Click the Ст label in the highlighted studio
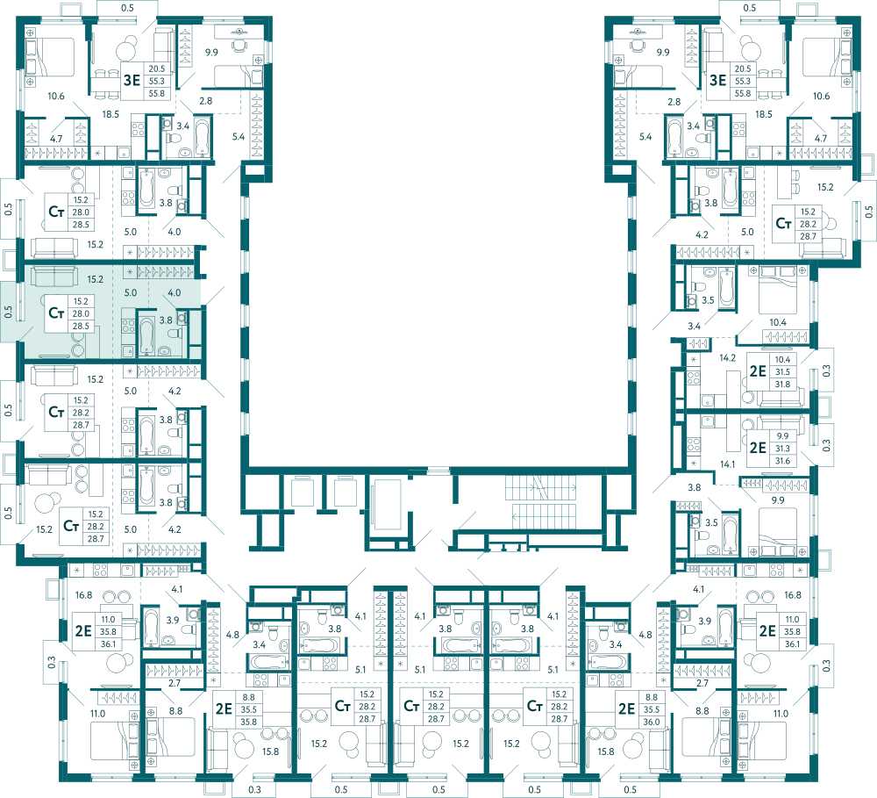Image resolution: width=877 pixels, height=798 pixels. click(x=56, y=313)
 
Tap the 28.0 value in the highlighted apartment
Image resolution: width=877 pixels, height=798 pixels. click(x=81, y=313)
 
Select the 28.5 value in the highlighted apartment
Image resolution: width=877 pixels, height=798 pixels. click(x=81, y=326)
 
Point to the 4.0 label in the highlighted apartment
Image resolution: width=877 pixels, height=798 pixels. click(x=175, y=292)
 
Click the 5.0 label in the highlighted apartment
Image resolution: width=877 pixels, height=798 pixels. click(x=131, y=292)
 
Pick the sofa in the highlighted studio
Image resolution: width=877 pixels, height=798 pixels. click(x=54, y=277)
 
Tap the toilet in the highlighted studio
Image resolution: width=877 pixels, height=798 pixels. click(x=175, y=334)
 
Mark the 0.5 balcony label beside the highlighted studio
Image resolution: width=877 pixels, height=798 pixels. click(x=8, y=312)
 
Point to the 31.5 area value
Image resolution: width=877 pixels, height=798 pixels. click(x=782, y=372)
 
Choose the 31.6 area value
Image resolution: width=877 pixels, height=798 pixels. click(x=782, y=461)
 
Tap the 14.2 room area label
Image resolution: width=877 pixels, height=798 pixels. click(x=728, y=357)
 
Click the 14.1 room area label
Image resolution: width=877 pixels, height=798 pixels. click(x=728, y=464)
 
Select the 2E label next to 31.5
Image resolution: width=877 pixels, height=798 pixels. click(x=758, y=371)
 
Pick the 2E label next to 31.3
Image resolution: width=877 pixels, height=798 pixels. click(x=758, y=448)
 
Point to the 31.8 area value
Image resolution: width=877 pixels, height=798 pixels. click(x=782, y=385)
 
